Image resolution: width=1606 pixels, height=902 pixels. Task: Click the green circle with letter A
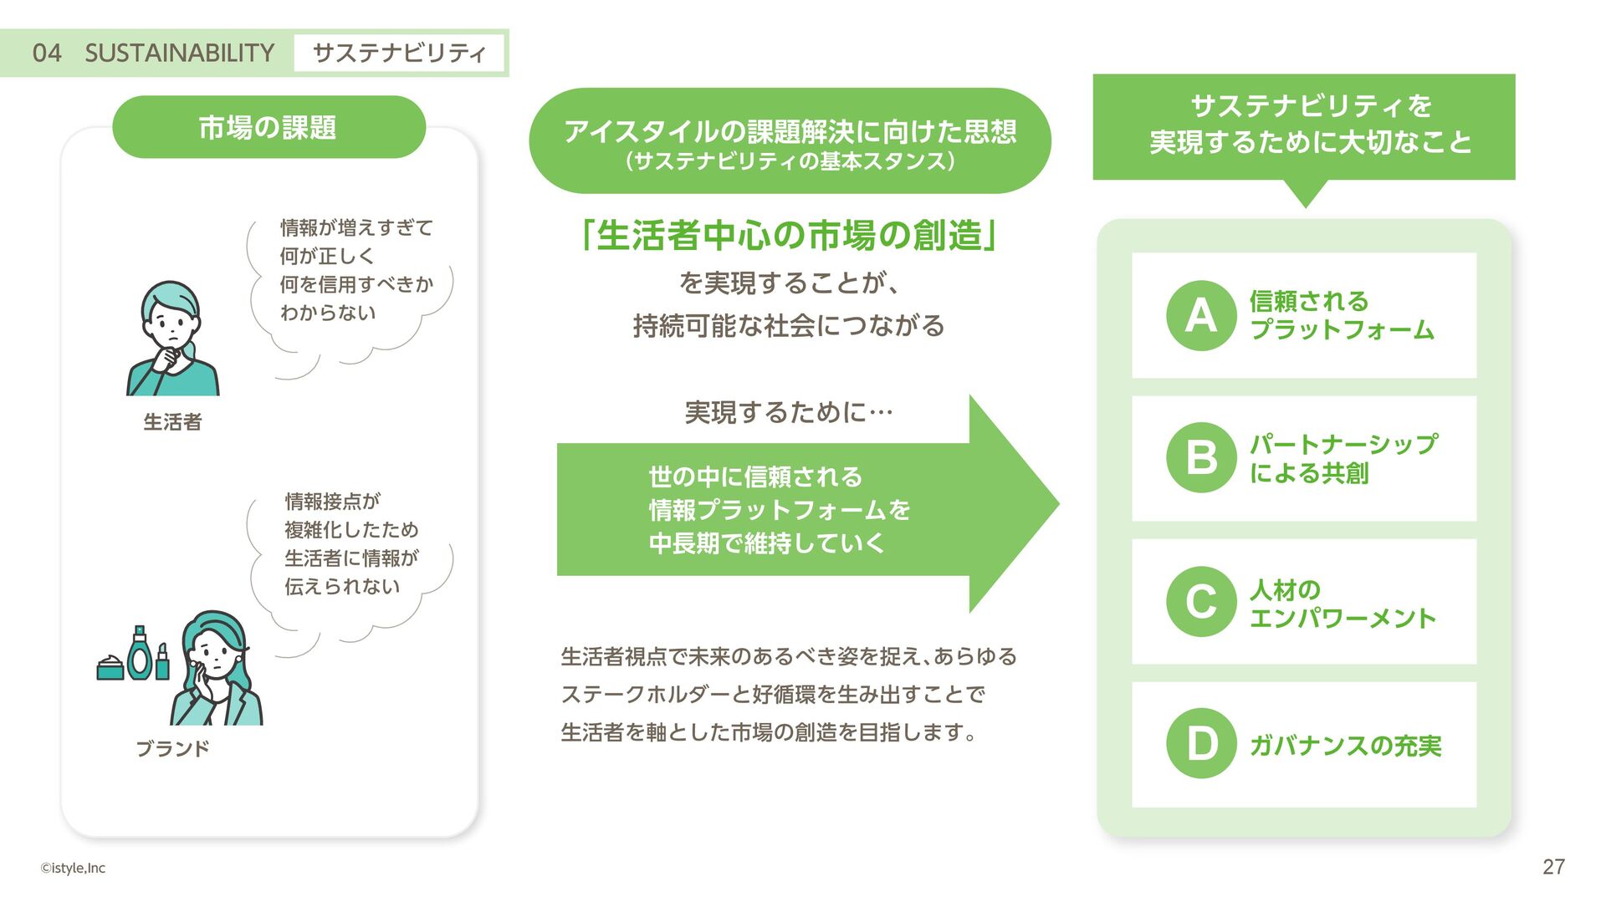click(1201, 315)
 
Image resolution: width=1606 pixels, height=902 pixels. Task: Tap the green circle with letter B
click(1201, 457)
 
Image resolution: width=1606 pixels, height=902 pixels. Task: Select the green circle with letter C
click(1201, 601)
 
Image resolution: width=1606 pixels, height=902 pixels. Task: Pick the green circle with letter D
click(1201, 743)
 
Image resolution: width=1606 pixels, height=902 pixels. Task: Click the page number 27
click(1553, 867)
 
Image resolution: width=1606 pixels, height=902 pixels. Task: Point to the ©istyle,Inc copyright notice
click(73, 868)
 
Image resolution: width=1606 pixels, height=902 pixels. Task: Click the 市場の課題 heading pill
click(269, 127)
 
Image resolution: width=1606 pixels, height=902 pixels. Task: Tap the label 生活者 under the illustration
click(172, 422)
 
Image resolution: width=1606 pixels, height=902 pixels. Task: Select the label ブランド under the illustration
click(172, 748)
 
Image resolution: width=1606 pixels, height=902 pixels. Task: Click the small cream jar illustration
click(110, 668)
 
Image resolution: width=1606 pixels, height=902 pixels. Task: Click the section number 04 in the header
click(47, 54)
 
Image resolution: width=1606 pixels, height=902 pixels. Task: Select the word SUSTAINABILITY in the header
click(179, 54)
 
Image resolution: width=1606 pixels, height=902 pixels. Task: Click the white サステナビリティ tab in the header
click(399, 54)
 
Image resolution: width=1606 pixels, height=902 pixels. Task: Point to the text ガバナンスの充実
click(1345, 745)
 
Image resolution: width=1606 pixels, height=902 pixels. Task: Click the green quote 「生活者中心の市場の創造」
click(789, 236)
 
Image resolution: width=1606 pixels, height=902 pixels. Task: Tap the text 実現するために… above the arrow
click(789, 412)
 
